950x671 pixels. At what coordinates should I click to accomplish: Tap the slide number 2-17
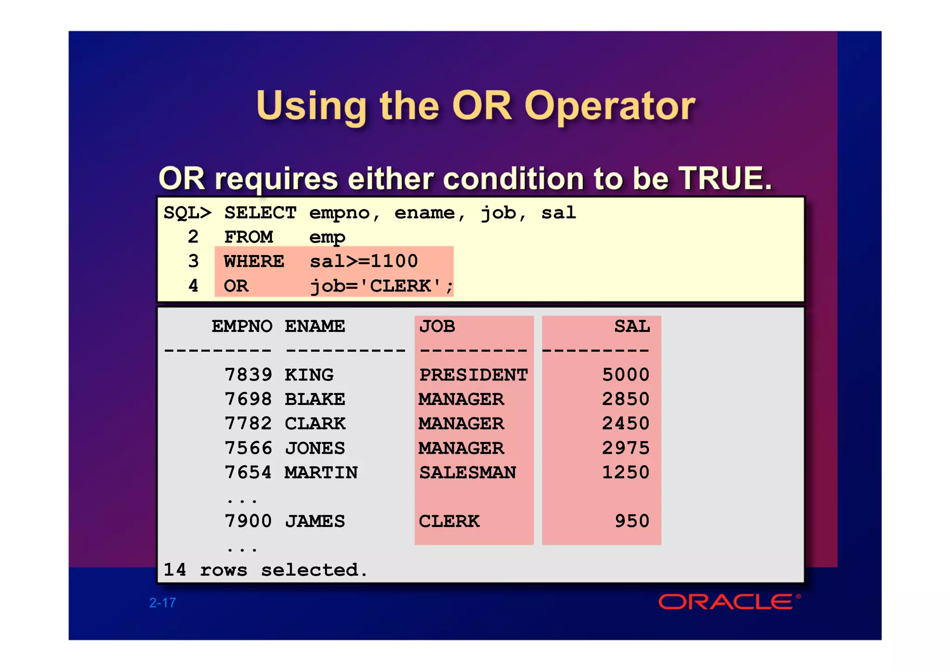click(x=162, y=602)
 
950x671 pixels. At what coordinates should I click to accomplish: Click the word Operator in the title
click(x=610, y=106)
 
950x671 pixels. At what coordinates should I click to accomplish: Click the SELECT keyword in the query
click(x=260, y=213)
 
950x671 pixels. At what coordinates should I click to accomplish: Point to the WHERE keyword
click(x=254, y=261)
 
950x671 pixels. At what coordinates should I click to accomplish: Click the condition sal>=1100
click(x=364, y=261)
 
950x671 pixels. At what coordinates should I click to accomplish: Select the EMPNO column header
click(x=242, y=326)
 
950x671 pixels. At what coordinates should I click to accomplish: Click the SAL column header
click(x=632, y=326)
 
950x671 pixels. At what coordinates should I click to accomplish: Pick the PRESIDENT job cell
click(x=473, y=375)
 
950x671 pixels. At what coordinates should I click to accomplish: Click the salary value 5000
click(x=625, y=375)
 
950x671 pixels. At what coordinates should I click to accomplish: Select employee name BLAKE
click(x=315, y=399)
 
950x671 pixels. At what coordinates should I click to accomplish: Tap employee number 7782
click(x=248, y=424)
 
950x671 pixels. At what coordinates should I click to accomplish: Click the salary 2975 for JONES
click(x=625, y=448)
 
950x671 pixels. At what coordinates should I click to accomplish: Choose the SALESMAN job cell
click(x=468, y=473)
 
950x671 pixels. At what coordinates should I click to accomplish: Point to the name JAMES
click(x=315, y=521)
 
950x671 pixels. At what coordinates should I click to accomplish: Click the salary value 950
click(x=632, y=521)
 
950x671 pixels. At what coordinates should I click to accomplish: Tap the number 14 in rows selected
click(x=175, y=570)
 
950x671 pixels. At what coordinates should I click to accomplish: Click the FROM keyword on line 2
click(x=249, y=237)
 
